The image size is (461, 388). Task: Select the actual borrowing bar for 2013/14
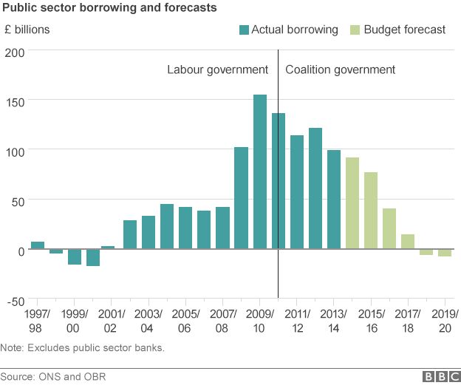coord(333,200)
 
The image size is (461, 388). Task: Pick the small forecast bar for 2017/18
coord(407,242)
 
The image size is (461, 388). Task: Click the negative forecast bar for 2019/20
coord(444,253)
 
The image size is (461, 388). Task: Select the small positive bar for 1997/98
coord(38,245)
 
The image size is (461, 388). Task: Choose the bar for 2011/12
coord(296,192)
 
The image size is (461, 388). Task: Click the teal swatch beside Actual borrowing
coord(243,30)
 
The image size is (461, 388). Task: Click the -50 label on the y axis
coord(15,300)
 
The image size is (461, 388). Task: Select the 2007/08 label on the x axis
coord(223,319)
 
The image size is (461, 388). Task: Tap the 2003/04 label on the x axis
coord(148,319)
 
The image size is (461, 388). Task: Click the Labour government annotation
coord(217,69)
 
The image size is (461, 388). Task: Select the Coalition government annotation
coord(340,69)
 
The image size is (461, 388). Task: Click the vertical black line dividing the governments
coord(278,148)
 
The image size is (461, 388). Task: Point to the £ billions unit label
coord(27,30)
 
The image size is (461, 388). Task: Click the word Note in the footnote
coord(11,347)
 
